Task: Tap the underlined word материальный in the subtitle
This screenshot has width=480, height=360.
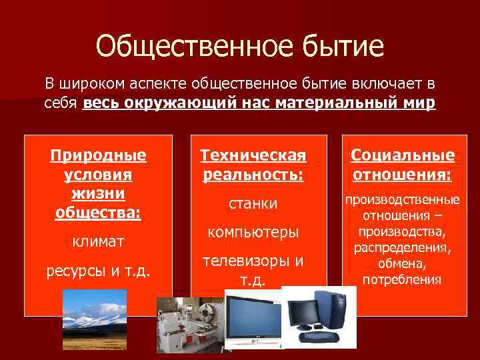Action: tap(342, 105)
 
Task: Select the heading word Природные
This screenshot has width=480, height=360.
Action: tap(98, 156)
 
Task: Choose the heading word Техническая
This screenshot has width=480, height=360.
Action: tap(253, 156)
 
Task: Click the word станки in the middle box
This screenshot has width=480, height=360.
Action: tap(253, 203)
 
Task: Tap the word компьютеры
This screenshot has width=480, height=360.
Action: tap(253, 232)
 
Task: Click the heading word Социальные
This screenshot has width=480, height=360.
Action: tap(402, 156)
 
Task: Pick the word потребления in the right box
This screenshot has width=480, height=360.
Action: tap(402, 279)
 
